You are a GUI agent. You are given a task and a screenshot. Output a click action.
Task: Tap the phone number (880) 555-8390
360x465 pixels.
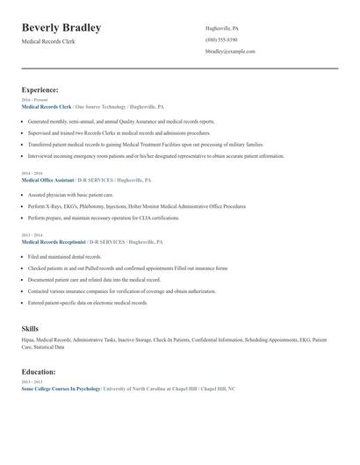point(221,39)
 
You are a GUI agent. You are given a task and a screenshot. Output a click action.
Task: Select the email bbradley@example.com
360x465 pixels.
point(230,52)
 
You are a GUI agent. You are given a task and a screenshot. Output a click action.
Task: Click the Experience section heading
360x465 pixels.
point(40,89)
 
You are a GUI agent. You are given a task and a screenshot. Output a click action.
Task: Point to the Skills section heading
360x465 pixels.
point(30,327)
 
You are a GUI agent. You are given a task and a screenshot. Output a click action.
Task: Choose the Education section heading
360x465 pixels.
point(40,371)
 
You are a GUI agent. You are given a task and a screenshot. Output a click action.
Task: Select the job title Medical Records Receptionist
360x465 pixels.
point(54,240)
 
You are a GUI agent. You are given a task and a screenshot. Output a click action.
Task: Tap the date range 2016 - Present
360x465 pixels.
point(32,100)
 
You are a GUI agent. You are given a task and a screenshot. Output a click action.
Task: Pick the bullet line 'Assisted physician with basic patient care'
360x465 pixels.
point(70,194)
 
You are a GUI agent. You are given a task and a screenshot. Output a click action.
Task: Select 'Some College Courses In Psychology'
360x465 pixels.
point(61,388)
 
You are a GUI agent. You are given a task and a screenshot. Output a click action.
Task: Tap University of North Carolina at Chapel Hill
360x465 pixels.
point(149,388)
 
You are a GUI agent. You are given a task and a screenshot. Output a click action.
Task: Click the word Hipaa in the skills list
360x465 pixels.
point(28,339)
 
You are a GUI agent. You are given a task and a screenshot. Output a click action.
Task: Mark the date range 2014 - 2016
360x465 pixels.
point(31,174)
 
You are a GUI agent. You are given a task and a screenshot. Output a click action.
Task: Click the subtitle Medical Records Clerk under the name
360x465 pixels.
point(48,41)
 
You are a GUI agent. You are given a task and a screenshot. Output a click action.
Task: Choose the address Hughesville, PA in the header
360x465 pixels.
point(221,28)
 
